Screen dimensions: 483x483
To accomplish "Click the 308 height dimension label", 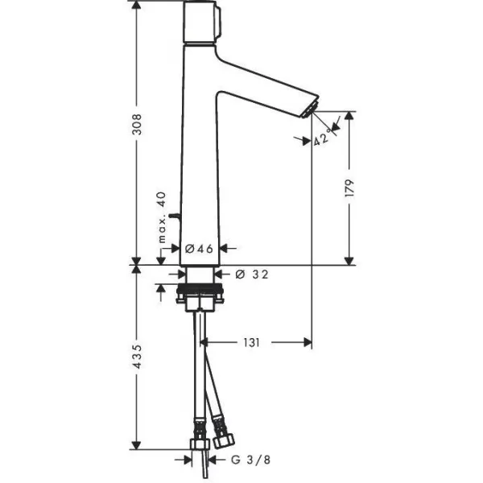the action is click(137, 125).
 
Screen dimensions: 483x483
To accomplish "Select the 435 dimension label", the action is click(137, 357).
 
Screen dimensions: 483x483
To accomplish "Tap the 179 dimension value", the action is click(349, 188).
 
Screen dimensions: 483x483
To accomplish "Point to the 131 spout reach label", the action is click(252, 343).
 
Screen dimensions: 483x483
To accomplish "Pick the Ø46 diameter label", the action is click(199, 249).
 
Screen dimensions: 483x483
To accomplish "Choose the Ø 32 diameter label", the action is click(252, 275).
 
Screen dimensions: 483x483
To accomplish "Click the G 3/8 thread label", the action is click(250, 460).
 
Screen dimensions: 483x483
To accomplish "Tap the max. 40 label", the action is click(162, 217).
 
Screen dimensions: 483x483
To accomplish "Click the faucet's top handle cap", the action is click(202, 22).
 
